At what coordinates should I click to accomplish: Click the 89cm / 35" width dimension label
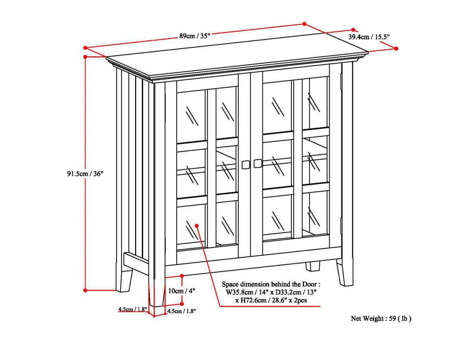click(195, 36)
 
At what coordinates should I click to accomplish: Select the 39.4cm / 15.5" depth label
click(369, 37)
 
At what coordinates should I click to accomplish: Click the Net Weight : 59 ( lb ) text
click(381, 318)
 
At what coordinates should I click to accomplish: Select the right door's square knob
click(258, 163)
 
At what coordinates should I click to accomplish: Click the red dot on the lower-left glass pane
click(197, 226)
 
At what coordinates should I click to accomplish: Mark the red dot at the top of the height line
click(86, 57)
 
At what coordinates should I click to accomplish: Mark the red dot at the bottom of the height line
click(86, 290)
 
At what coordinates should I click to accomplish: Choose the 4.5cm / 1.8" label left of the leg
click(132, 309)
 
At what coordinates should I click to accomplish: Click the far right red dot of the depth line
click(396, 48)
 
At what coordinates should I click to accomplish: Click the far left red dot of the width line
click(86, 48)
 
